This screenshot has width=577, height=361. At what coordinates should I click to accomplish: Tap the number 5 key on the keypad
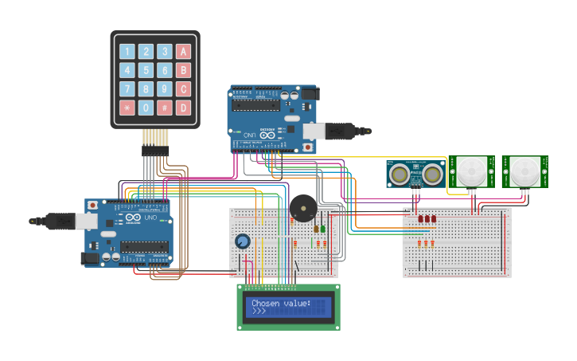click(x=146, y=70)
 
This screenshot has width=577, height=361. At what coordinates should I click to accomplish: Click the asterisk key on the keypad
click(x=127, y=107)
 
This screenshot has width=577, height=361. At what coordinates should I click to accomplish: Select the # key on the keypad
click(x=164, y=107)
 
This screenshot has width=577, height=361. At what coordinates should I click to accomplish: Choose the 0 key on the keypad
click(x=146, y=107)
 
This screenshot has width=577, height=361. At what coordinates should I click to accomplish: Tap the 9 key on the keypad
click(x=164, y=88)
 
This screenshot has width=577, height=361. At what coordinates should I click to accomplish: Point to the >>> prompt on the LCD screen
click(x=259, y=312)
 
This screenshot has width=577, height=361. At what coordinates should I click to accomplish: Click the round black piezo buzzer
click(x=302, y=209)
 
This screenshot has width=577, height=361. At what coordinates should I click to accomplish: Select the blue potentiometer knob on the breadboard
click(x=243, y=241)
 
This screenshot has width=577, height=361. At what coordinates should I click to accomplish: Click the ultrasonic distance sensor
click(x=415, y=173)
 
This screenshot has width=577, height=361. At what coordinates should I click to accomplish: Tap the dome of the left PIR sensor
click(x=471, y=170)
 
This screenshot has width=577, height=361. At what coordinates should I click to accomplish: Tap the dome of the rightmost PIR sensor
click(x=524, y=171)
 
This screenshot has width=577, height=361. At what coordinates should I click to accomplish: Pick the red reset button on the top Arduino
click(x=308, y=147)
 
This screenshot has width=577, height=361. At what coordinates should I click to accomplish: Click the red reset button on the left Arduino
click(x=93, y=206)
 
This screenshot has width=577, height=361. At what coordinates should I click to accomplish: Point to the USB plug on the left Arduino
click(x=52, y=221)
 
